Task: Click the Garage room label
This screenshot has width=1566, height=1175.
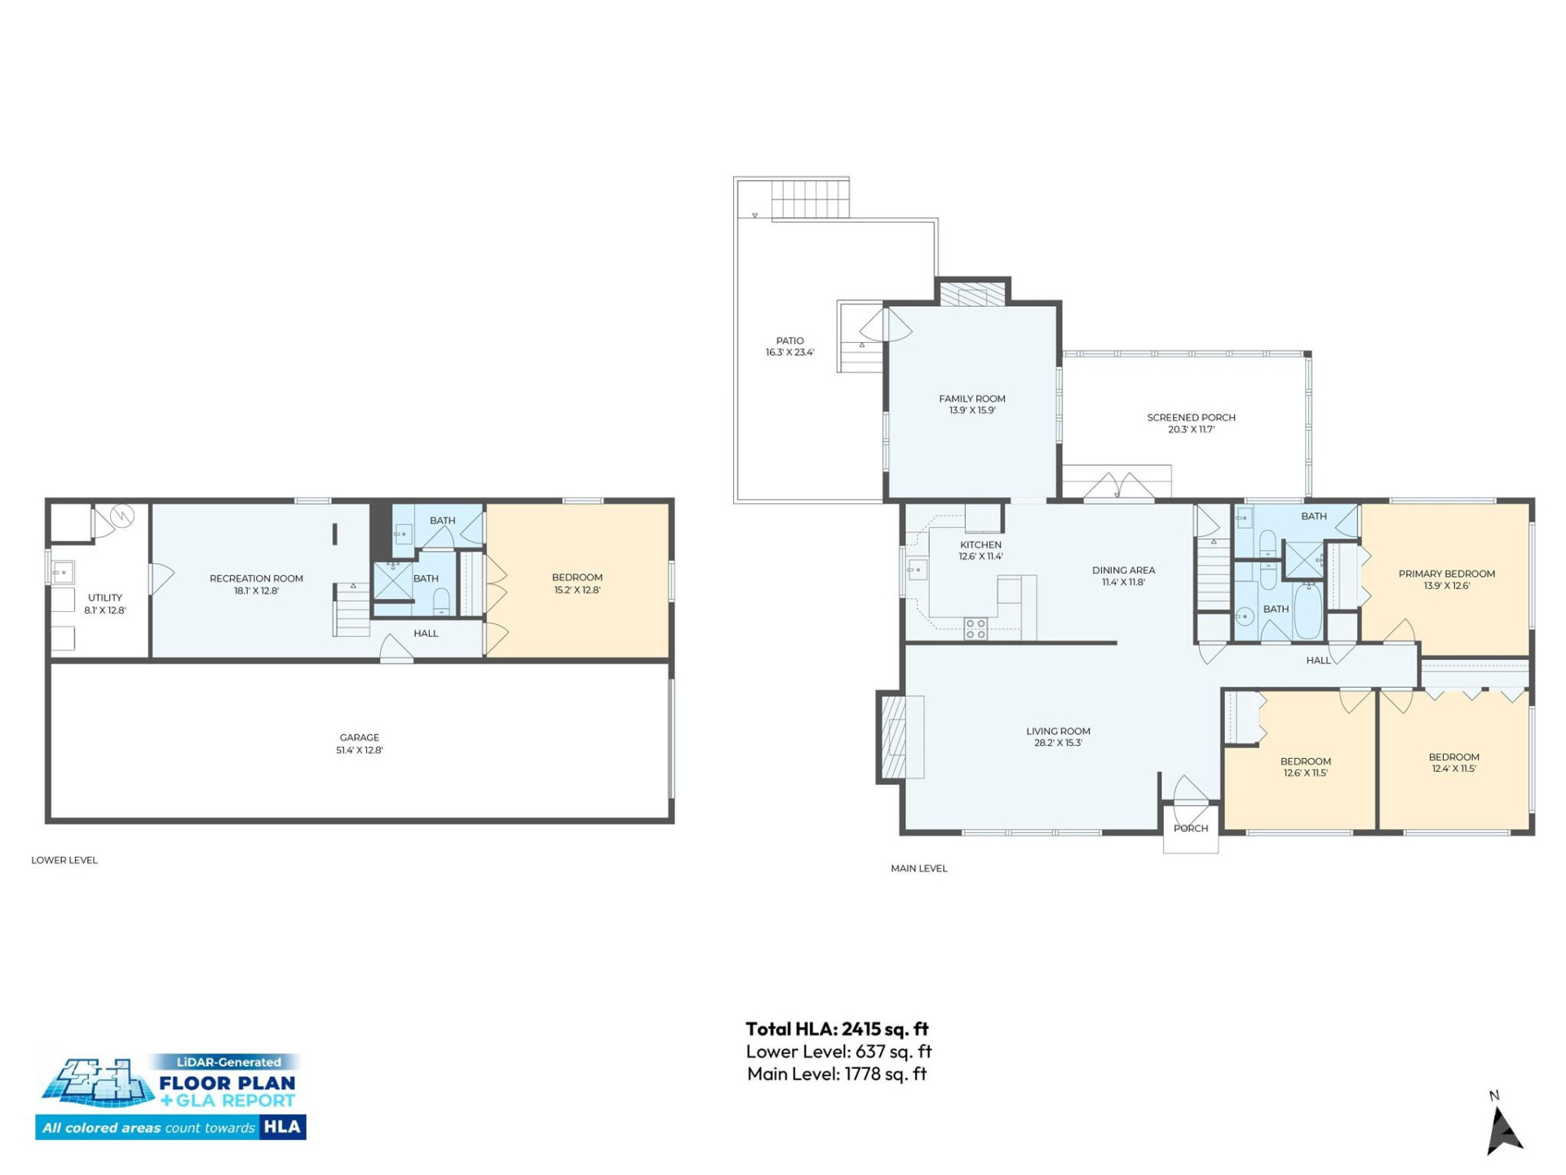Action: point(359,737)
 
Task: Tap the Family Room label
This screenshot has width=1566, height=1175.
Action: point(971,399)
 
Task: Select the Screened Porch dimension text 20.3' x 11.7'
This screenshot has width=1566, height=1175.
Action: point(1191,429)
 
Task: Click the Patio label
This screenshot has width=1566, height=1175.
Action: point(790,341)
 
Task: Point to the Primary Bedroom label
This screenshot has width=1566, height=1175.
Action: point(1446,574)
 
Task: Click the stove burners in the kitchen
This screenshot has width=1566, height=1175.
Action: point(975,627)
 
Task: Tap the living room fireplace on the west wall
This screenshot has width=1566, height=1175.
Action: point(894,737)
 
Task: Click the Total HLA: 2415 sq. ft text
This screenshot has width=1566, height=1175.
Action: point(837,1029)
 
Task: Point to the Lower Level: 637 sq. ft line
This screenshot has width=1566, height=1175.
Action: point(838,1052)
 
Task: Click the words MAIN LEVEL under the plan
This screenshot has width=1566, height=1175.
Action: point(918,868)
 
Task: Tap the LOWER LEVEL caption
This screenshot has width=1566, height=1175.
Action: point(64,860)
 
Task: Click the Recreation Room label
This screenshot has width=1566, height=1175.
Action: point(256,579)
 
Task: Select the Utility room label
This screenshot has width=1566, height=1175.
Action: point(105,598)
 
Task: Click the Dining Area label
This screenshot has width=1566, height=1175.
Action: point(1123,570)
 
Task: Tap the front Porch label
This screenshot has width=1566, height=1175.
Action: point(1190,828)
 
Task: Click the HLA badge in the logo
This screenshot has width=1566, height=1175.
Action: point(282,1127)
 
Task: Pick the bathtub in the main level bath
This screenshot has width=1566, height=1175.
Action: point(1307,613)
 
